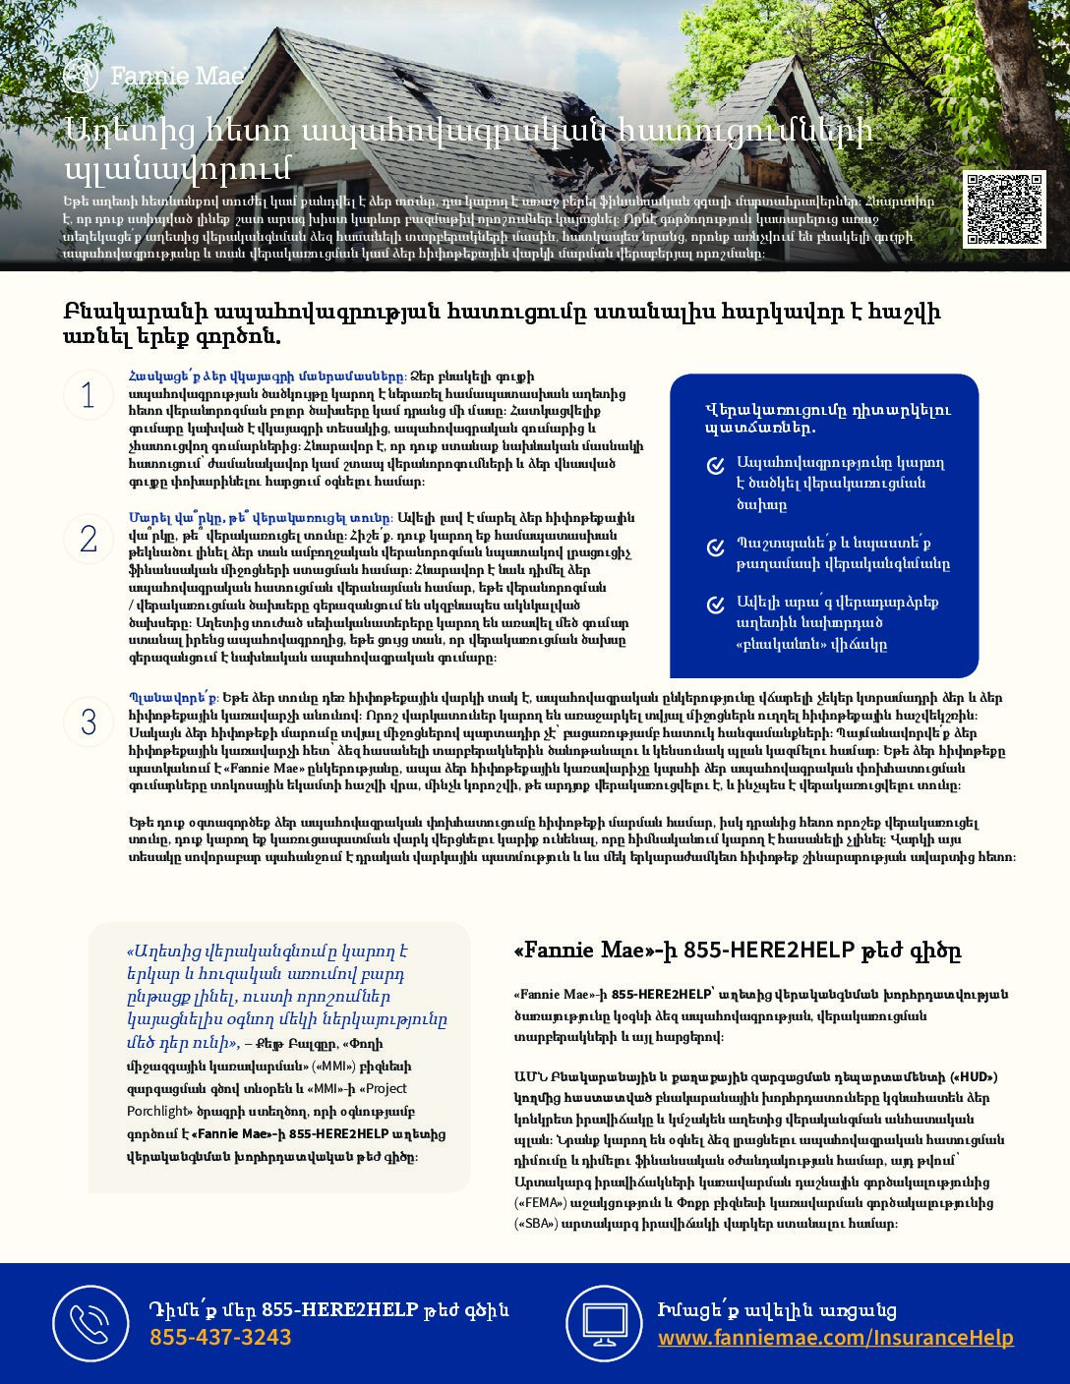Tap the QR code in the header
pyautogui.click(x=1003, y=208)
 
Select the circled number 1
pyautogui.click(x=89, y=395)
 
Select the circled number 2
pyautogui.click(x=89, y=539)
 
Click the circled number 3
pyautogui.click(x=89, y=722)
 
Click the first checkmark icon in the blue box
pyautogui.click(x=716, y=466)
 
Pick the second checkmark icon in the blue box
pyautogui.click(x=716, y=547)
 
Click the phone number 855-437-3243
pyautogui.click(x=220, y=1338)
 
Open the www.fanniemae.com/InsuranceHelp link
pyautogui.click(x=835, y=1338)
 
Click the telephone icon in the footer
pyautogui.click(x=90, y=1323)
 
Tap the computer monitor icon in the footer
pyautogui.click(x=604, y=1323)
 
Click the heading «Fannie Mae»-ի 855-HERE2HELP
pyautogui.click(x=737, y=951)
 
